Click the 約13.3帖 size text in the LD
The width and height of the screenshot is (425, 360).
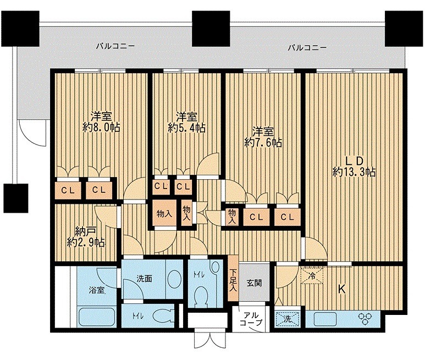(x=354, y=172)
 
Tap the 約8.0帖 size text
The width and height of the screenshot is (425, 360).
(x=102, y=127)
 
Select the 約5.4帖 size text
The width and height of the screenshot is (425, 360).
(x=187, y=128)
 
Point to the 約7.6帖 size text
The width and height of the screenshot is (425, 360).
(x=263, y=143)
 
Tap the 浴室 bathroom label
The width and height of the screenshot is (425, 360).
(x=97, y=290)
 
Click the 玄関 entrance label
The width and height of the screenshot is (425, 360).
(x=254, y=284)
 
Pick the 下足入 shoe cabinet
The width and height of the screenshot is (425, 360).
(x=234, y=279)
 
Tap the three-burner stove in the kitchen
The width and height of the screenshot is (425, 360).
(x=366, y=319)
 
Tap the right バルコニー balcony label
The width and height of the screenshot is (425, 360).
(x=307, y=48)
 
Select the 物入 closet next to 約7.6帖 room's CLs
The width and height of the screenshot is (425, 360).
(x=232, y=216)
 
